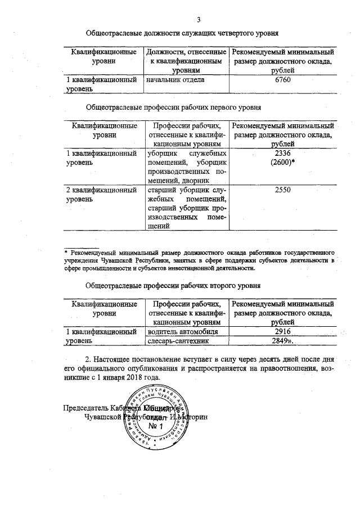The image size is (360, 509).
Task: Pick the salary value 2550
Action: [282, 191]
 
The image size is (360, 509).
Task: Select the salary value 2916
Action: [283, 332]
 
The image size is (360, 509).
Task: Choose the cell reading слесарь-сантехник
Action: [178, 341]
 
